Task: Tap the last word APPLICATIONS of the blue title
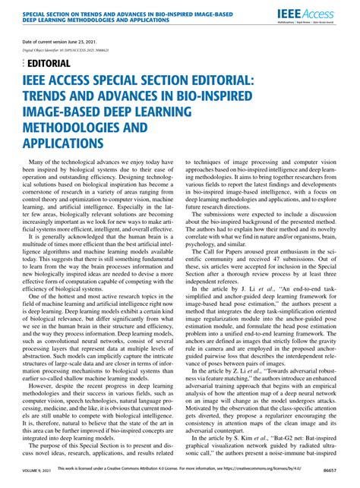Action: pyautogui.click(x=73, y=142)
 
